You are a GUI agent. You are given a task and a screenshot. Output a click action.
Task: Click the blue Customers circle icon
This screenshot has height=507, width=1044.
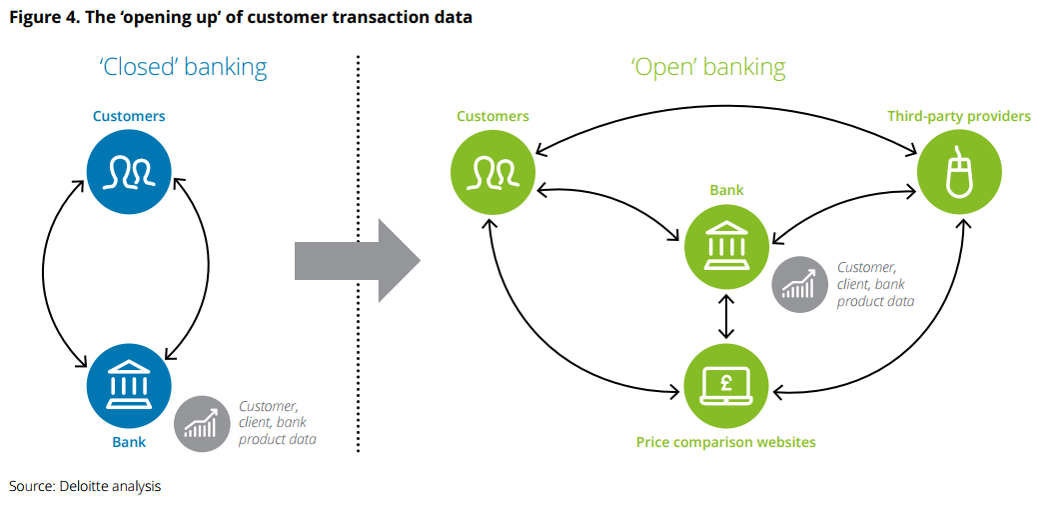pos(129,171)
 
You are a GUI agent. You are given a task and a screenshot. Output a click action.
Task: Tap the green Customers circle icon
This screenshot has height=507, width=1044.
pos(493,171)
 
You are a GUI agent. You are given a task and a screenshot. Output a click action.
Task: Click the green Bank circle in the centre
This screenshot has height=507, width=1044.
pos(726,241)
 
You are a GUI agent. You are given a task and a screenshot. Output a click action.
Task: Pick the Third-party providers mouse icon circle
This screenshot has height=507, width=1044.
pos(958,171)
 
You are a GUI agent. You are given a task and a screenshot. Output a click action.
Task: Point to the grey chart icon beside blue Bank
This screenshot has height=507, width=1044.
pos(203,424)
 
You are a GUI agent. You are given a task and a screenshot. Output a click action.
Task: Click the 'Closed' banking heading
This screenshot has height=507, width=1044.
pos(183,67)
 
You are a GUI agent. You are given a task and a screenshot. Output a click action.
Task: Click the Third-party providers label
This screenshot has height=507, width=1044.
pos(958,116)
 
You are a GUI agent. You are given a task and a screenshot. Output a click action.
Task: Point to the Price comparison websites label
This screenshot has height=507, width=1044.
pos(726,441)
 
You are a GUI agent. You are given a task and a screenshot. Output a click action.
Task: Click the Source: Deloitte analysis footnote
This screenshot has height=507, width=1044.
pos(85,486)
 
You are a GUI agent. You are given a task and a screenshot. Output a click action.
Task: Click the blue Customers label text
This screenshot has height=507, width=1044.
pos(129,116)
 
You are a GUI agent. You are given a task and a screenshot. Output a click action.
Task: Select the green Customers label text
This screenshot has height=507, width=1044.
pos(493,116)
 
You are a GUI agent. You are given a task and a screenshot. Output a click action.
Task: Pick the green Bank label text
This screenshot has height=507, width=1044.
pos(726,189)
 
